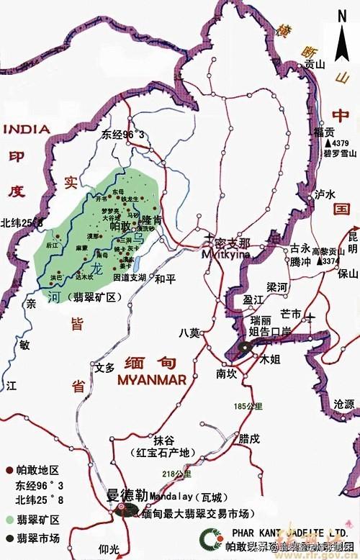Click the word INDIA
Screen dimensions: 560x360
pos(27,130)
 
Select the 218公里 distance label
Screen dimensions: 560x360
pos(178,474)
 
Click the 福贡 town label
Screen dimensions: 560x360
pos(324,132)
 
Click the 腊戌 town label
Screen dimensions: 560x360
pos(249,438)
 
